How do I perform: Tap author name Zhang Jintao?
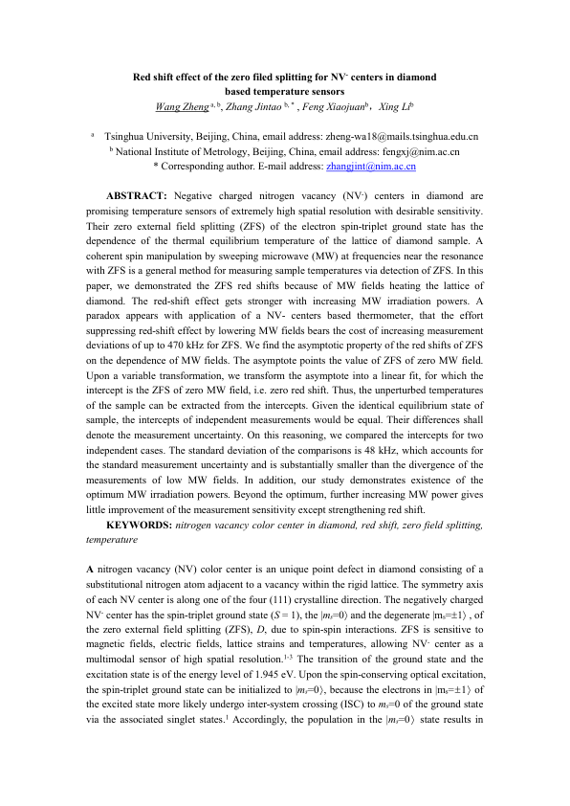(x=255, y=106)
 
